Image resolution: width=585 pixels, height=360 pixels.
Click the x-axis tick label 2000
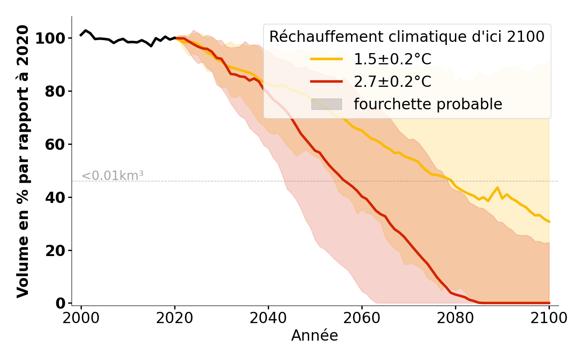81,318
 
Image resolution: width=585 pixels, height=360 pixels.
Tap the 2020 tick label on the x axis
175,318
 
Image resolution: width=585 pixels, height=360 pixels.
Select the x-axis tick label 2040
268,318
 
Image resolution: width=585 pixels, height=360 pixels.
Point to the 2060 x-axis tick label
362,318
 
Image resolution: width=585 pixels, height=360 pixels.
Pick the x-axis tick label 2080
455,318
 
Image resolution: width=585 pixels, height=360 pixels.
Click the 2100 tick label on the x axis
549,318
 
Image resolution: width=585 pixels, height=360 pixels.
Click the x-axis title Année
315,336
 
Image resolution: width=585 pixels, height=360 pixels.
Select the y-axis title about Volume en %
23,161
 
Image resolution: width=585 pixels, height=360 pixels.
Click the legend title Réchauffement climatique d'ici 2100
407,37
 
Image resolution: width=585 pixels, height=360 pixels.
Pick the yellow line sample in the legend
327,59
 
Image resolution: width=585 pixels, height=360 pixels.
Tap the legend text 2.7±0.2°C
392,82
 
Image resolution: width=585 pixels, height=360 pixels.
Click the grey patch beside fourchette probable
327,104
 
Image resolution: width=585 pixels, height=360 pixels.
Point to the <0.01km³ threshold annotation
112,176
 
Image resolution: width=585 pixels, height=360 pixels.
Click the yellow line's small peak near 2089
497,188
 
